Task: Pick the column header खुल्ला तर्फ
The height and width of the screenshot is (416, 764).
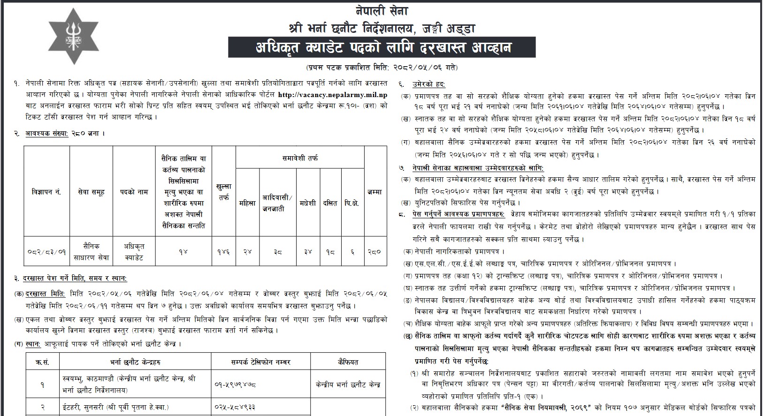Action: point(223,192)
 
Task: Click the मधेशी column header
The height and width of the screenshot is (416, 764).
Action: point(308,203)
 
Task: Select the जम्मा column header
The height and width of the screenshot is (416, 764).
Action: point(375,192)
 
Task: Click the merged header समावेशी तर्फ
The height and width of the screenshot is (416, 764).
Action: point(300,159)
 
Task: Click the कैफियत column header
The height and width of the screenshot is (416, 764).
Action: point(347,362)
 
